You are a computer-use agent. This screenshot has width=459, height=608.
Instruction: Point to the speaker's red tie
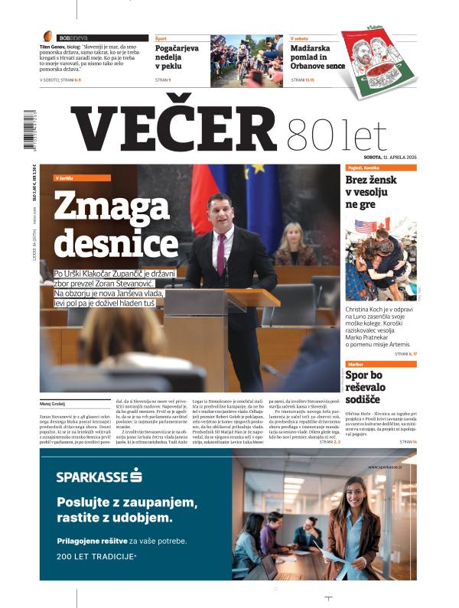(221, 253)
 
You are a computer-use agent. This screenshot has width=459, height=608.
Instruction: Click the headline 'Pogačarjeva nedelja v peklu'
(177, 57)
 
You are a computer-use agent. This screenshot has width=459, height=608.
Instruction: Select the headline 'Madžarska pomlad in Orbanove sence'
(314, 57)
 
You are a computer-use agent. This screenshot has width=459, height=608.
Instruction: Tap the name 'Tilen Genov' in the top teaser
(55, 46)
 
